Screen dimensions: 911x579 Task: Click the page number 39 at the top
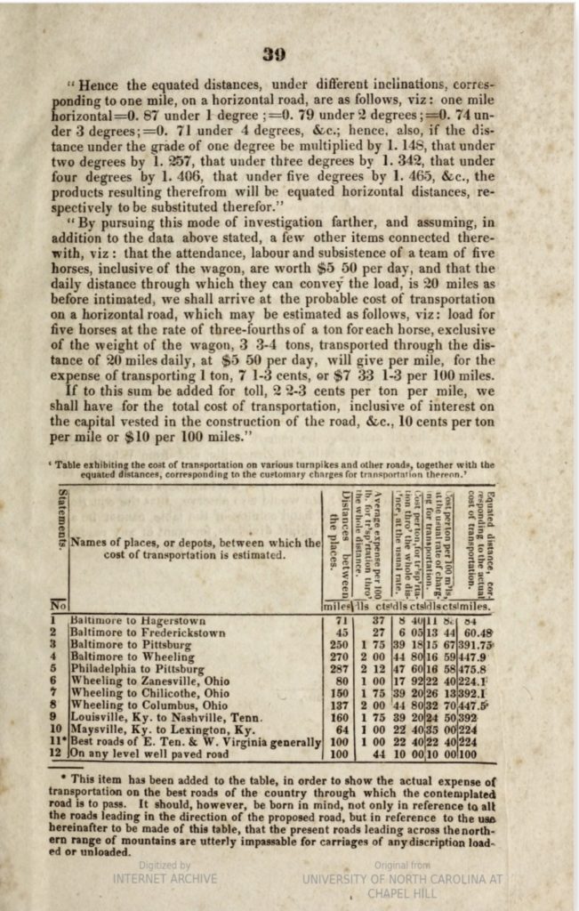pos(275,53)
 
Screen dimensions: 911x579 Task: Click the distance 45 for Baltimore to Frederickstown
pos(337,633)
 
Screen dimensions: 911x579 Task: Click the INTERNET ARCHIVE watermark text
pos(165,878)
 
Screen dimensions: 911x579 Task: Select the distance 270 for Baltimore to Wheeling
pos(337,657)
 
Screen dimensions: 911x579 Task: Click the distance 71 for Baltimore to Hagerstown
pos(337,620)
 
